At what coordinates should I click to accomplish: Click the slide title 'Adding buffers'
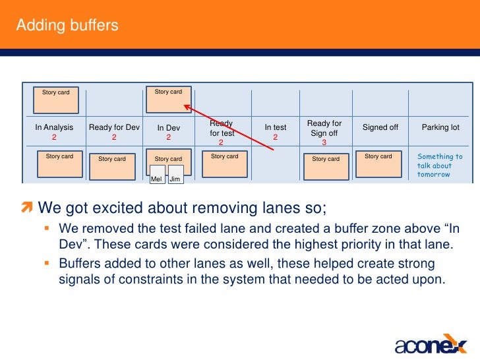pos(67,26)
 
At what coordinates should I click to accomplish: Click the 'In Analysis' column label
pos(54,127)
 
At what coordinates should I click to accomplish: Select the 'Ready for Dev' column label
pos(114,127)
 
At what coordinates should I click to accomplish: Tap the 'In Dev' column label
pos(168,128)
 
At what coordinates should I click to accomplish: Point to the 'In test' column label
pos(276,128)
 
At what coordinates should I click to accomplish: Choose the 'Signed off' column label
pos(380,127)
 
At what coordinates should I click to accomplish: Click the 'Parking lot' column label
pos(440,127)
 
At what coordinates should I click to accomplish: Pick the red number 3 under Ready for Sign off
pos(324,142)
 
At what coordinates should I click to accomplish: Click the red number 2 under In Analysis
pos(54,138)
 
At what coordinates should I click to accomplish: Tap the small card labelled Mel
pos(157,175)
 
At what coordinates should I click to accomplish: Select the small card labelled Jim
pos(175,175)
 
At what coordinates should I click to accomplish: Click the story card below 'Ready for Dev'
pos(112,166)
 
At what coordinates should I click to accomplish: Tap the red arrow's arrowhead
pos(187,107)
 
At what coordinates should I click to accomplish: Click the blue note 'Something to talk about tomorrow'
pos(440,165)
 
